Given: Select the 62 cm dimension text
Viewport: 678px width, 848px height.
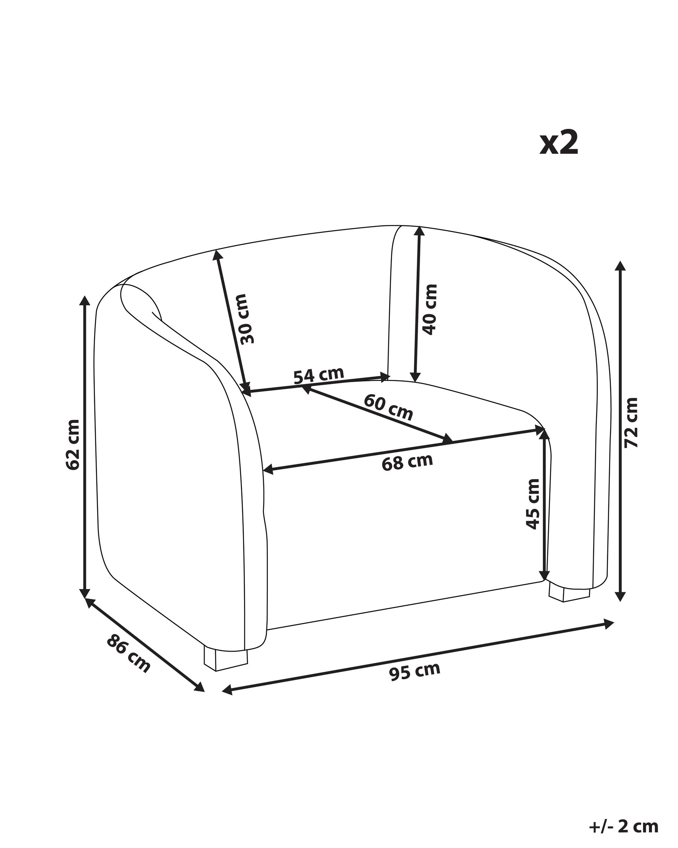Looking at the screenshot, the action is (73, 444).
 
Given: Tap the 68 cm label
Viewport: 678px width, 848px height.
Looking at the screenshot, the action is (407, 462).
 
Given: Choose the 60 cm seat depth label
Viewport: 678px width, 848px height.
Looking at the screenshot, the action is (388, 407).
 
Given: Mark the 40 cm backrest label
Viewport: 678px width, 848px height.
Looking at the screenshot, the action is (430, 309).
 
